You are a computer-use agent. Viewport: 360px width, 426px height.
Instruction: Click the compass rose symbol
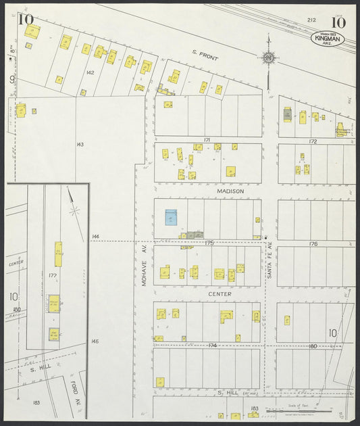click(269, 58)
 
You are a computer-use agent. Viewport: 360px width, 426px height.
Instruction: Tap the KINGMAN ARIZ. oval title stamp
click(328, 40)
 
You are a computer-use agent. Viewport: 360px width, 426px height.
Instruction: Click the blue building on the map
click(171, 217)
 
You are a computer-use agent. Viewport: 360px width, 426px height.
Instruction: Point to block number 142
click(89, 72)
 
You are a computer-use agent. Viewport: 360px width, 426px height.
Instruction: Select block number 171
click(207, 140)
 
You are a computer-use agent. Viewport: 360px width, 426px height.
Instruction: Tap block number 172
click(313, 141)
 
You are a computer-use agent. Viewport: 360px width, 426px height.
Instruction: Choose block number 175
click(209, 242)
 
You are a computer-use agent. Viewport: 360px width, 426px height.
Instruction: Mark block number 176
click(313, 243)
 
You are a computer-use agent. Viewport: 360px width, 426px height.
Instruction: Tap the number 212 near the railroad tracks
click(311, 20)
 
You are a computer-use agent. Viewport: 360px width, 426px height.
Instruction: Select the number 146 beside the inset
click(95, 341)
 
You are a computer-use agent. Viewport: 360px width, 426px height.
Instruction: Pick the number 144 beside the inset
click(95, 237)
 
